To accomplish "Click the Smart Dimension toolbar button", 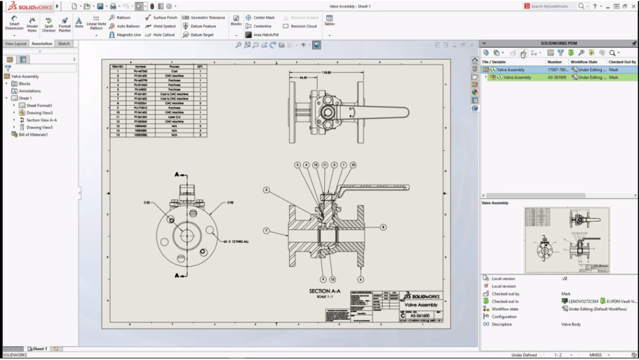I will point(14,24).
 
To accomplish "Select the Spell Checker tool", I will point(49,24).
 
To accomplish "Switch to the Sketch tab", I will point(63,43).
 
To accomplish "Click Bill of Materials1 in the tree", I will point(33,134).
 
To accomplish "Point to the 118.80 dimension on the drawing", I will point(326,73).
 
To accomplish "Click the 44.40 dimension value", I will point(304,77).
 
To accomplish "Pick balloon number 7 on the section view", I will point(266,230).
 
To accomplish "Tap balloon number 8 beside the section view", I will point(383,227).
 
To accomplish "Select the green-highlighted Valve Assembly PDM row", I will point(517,77).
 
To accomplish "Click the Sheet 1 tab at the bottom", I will point(39,349).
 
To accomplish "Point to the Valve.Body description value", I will point(572,324).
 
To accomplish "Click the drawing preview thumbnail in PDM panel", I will point(566,240).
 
